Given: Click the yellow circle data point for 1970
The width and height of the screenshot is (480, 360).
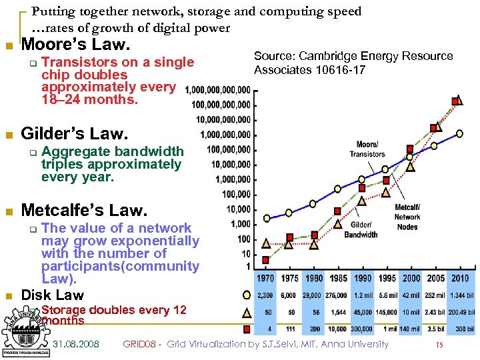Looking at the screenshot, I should click(267, 218).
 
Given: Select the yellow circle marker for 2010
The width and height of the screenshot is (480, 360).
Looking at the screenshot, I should click(459, 133).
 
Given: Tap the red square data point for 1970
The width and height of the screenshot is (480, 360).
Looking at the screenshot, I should click(266, 259).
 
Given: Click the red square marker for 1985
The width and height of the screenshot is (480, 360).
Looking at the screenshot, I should click(337, 211).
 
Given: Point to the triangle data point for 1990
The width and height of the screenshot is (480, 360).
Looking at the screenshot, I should click(361, 199).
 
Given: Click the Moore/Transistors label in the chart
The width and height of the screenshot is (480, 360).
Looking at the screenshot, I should click(367, 149).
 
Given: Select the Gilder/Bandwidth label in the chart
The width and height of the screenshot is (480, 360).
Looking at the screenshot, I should click(361, 230).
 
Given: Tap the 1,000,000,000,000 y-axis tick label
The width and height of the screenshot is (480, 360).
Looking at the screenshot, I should click(218, 90).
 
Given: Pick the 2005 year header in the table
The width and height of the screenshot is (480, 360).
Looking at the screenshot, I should click(435, 278).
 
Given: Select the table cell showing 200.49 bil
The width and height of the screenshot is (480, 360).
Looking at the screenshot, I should click(459, 312).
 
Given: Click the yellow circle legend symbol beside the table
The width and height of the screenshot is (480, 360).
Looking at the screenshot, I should click(247, 295).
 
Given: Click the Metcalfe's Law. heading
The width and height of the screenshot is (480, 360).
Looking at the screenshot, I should click(83, 211).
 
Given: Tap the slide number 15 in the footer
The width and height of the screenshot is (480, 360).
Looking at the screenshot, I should click(439, 345).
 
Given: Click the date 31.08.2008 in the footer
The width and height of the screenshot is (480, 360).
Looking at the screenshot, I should click(76, 344).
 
